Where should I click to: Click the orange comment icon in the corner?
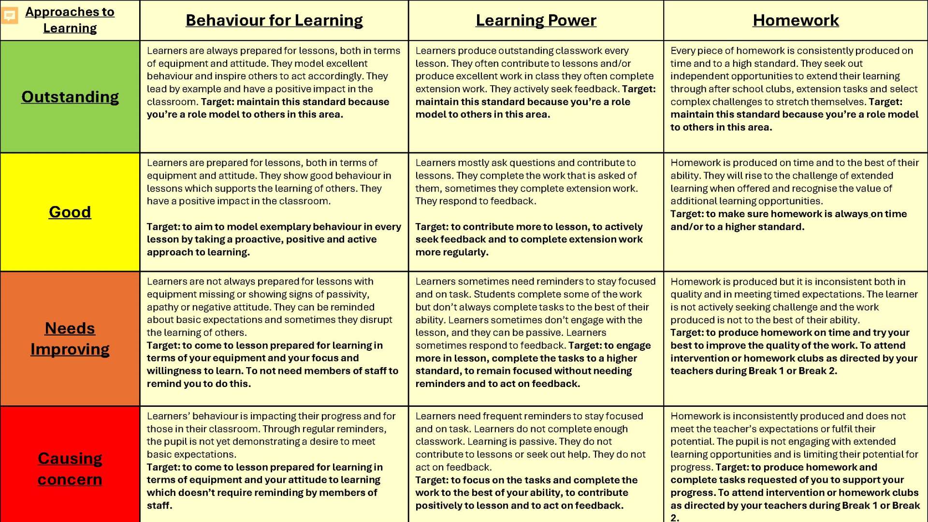[10, 15]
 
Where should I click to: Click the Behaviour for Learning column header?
[274, 20]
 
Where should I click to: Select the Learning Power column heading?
[536, 20]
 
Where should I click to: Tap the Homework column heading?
[796, 20]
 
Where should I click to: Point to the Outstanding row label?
[70, 97]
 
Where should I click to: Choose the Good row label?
[70, 212]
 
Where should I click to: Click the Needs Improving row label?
[70, 339]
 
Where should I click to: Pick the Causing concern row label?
[70, 468]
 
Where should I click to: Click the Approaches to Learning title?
[70, 20]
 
